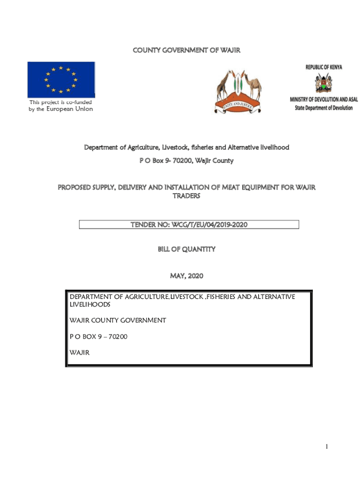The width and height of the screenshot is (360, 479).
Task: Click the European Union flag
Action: [61, 79]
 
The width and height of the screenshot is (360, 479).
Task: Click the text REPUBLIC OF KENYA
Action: [324, 67]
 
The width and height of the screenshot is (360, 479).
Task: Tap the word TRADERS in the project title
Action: [186, 196]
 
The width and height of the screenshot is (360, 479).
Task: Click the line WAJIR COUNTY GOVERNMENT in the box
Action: [117, 320]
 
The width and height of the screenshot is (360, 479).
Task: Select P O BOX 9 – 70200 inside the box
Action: [98, 336]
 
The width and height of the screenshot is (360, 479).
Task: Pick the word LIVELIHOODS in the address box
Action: [90, 305]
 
